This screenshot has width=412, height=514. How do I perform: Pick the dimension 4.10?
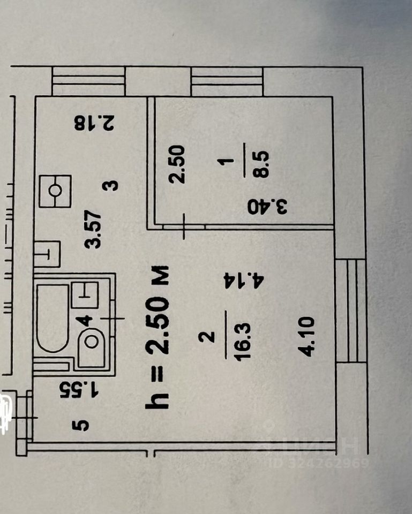coord(311,336)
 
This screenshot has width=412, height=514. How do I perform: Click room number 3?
coord(111,186)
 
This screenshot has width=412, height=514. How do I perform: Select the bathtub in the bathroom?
coord(53,318)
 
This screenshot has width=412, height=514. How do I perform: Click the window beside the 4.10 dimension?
coord(351,309)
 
